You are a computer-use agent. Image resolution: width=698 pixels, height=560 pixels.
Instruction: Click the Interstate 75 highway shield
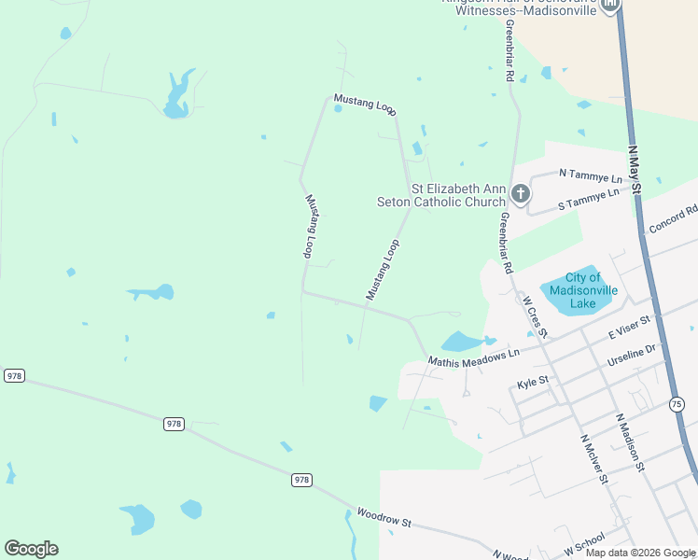tap(677, 403)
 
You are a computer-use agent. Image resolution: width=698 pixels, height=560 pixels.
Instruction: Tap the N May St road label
tap(636, 169)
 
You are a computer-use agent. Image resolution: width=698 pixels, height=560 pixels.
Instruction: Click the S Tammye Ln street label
tap(588, 199)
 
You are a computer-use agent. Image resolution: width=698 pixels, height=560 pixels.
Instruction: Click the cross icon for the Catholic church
tap(521, 194)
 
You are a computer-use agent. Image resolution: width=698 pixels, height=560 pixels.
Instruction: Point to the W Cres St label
tap(535, 317)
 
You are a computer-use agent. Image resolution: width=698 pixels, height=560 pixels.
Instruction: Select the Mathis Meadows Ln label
tap(473, 358)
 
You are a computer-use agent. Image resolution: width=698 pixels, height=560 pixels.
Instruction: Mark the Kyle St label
tap(532, 382)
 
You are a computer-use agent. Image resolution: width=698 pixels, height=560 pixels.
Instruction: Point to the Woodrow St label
tap(384, 518)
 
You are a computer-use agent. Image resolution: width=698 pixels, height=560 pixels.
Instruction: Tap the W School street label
tap(585, 541)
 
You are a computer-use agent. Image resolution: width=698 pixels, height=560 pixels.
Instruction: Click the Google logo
tap(31, 549)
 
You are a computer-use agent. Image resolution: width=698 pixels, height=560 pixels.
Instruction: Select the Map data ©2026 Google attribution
tap(640, 553)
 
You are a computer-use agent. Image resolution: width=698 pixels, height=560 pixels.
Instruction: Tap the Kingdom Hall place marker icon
tap(610, 6)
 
